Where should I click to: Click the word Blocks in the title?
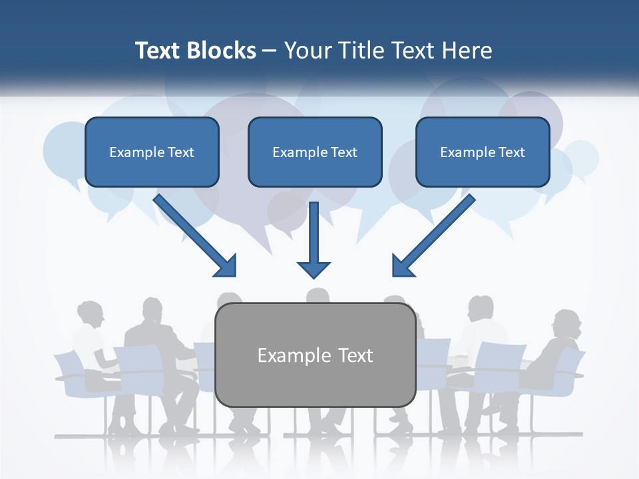[x=222, y=51]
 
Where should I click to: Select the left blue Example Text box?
[x=152, y=152]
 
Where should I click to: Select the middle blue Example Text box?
[x=315, y=152]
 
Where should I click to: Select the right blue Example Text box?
[x=483, y=152]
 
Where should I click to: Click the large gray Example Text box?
[x=316, y=355]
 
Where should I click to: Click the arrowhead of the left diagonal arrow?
[x=226, y=266]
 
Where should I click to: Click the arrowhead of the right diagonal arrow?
[x=402, y=266]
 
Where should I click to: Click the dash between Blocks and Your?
[x=269, y=51]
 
